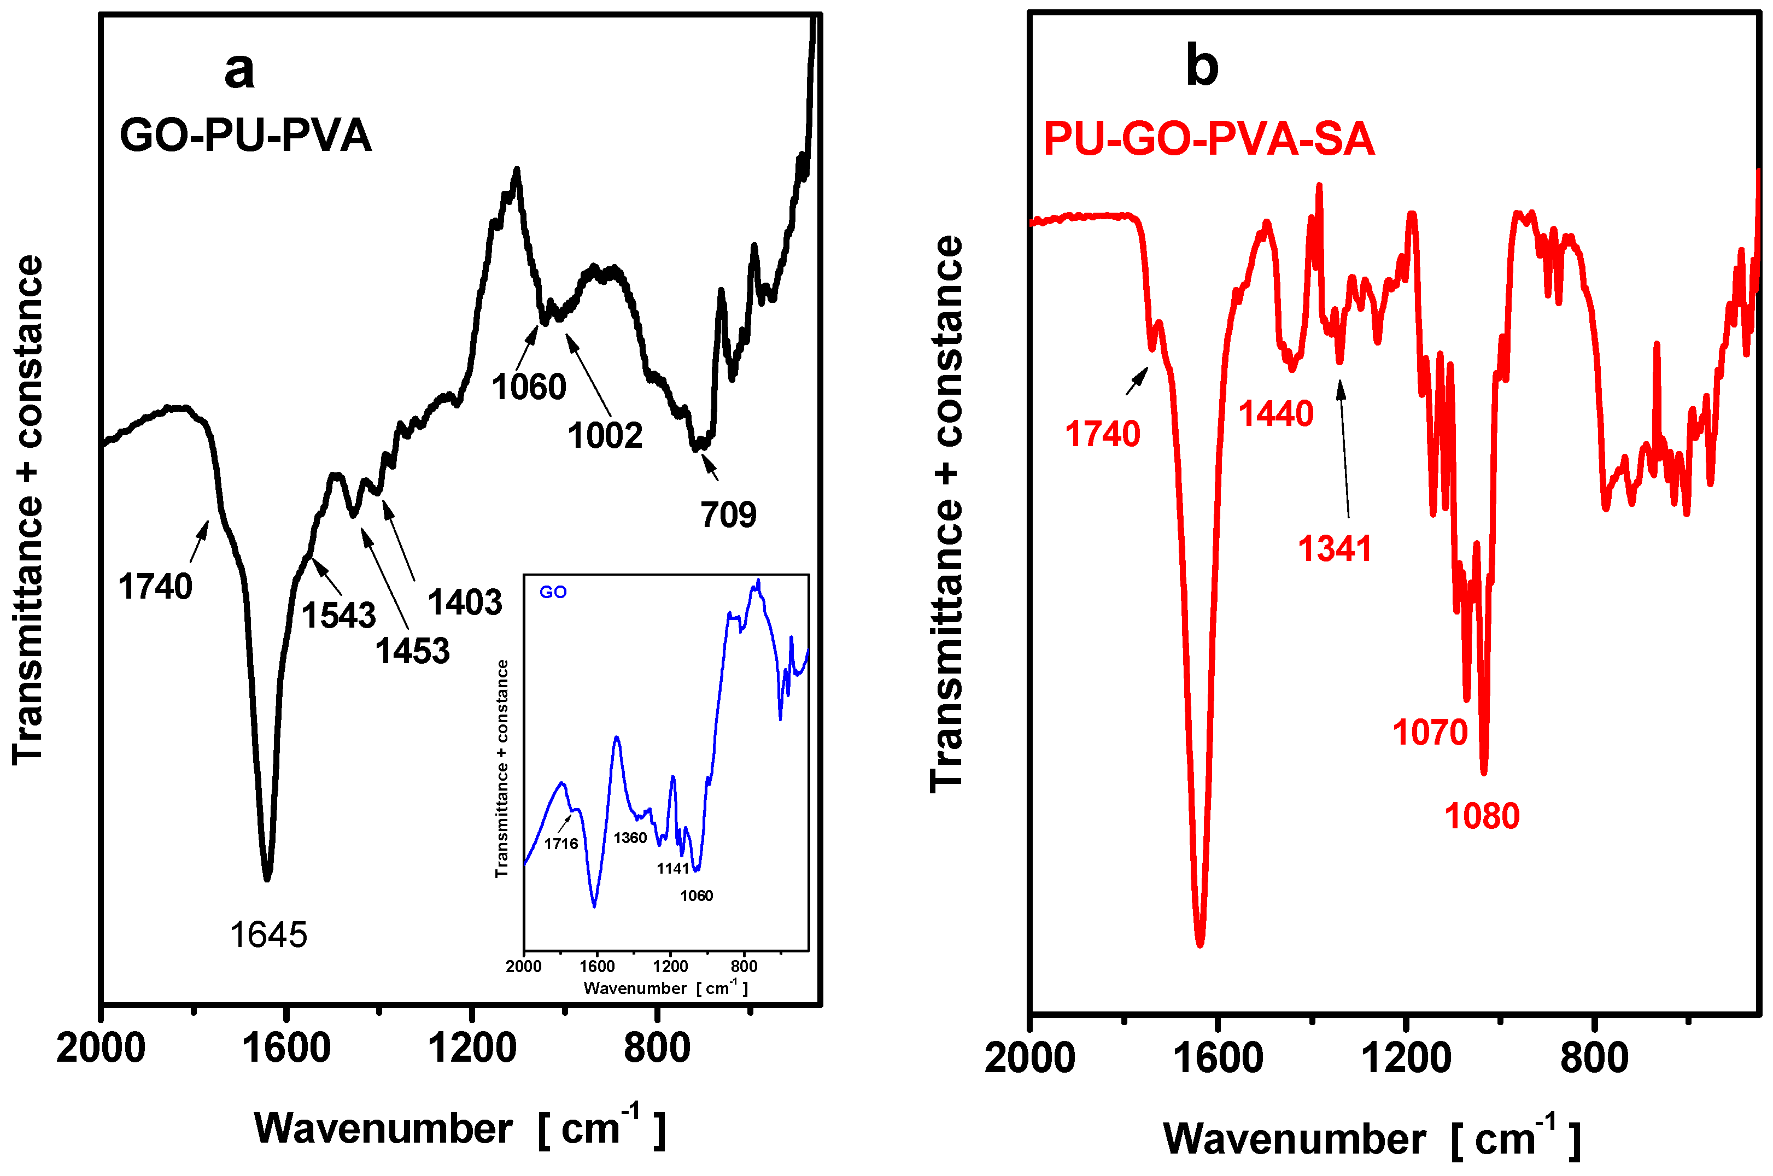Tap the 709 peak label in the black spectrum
pos(728,514)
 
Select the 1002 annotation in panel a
pos(605,436)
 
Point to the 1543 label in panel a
pos(338,616)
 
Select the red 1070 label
pos(1430,732)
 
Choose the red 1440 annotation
pos(1275,414)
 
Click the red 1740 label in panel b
pos(1103,434)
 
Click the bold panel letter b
pos(1202,66)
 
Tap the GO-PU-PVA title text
pos(245,136)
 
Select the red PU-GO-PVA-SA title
pos(1208,139)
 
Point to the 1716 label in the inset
pos(561,844)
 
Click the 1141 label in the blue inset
pos(673,869)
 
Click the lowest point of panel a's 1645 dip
pos(267,879)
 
